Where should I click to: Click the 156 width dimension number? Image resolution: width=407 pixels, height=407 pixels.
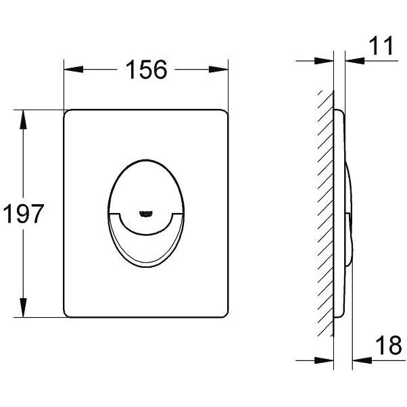[147, 70]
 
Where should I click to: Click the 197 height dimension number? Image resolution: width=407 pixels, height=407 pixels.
[24, 214]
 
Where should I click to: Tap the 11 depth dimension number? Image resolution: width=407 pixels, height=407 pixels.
[381, 45]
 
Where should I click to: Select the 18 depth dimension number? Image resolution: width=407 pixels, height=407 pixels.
[389, 345]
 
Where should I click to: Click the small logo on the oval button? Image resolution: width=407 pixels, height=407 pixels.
[145, 213]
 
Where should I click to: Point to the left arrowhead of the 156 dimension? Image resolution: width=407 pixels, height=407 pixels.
[74, 70]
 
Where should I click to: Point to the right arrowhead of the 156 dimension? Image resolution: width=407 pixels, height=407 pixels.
[218, 70]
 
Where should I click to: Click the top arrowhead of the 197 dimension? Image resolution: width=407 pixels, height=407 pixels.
[23, 120]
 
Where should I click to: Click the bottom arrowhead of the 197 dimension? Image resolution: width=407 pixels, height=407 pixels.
[23, 308]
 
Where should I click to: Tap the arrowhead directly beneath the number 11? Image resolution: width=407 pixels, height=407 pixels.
[355, 61]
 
